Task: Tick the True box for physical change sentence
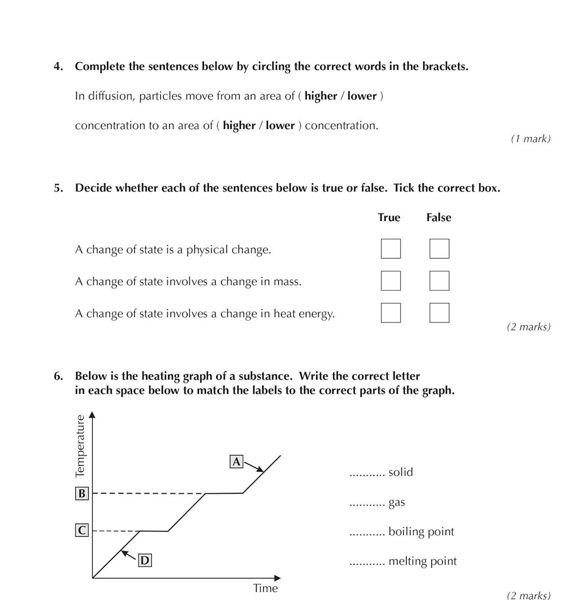tap(391, 248)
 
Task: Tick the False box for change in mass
tap(439, 281)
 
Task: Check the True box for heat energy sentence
tap(391, 312)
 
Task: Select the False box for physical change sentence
tap(439, 248)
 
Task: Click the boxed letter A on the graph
tap(237, 461)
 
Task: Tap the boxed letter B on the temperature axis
tap(82, 493)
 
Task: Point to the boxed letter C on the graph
tap(82, 530)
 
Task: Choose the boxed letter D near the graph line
tap(145, 560)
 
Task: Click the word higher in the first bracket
tap(320, 96)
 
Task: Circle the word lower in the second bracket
tap(280, 125)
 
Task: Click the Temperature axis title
tap(80, 446)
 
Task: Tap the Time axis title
tap(265, 588)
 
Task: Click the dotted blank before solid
tap(367, 474)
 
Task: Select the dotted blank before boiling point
tap(367, 533)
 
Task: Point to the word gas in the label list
tap(396, 503)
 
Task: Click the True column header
tap(389, 217)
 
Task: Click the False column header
tap(439, 217)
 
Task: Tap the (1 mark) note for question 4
tap(531, 139)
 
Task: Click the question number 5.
tap(58, 188)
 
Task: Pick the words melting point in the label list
tap(422, 561)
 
